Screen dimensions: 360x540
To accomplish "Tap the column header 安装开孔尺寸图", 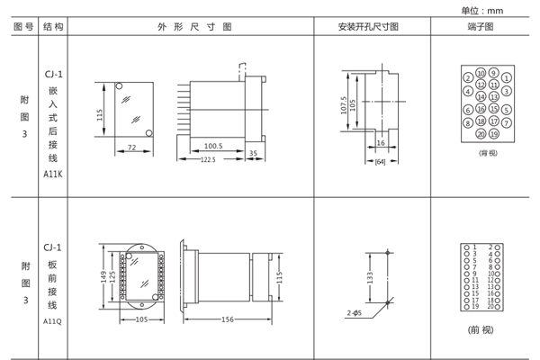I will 374,27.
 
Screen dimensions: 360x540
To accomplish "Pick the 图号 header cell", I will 23,27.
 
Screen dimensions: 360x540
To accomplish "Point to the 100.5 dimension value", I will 212,145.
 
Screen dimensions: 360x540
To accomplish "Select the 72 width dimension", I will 130,147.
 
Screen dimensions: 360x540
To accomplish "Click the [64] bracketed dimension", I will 380,161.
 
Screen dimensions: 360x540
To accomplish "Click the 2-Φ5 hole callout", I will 354,312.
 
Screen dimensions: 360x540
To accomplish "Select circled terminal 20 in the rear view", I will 481,134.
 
